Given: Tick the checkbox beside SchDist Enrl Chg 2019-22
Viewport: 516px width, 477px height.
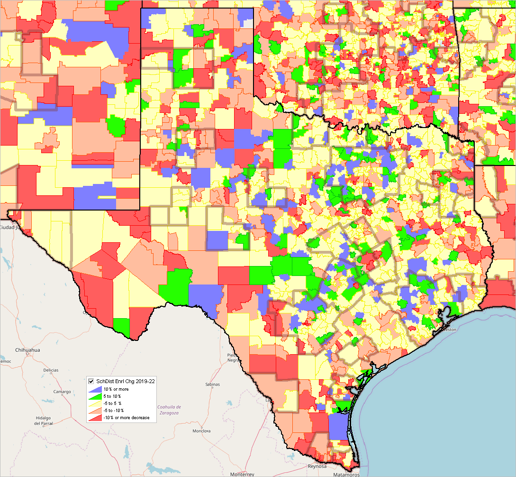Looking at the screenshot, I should [x=91, y=381].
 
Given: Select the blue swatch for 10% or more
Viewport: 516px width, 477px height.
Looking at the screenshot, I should [x=93, y=389].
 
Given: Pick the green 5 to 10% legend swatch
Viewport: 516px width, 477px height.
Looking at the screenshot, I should [x=93, y=396].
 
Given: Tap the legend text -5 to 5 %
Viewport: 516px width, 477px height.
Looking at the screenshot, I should [x=112, y=403].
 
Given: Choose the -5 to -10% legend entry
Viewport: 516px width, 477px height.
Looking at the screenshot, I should [x=113, y=411].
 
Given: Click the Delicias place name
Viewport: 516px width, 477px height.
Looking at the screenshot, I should [x=51, y=370].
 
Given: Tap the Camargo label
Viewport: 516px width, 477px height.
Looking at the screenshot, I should [x=62, y=392].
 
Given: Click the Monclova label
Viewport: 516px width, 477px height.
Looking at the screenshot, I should [x=201, y=431].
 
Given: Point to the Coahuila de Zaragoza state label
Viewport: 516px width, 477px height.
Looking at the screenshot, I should [x=169, y=411].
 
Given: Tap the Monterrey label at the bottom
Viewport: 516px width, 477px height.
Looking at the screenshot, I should [x=242, y=474].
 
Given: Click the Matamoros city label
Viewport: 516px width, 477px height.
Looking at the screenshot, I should [x=348, y=474].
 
